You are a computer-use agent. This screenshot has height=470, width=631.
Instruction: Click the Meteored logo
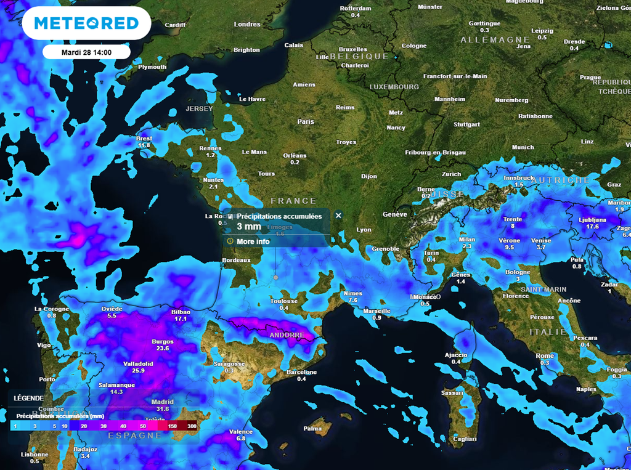(86, 23)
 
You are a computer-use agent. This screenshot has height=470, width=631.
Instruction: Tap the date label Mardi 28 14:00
(86, 52)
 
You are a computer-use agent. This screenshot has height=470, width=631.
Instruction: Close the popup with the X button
(338, 216)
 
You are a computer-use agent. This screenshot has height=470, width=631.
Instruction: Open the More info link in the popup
(253, 241)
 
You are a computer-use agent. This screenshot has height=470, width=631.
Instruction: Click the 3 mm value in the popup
(250, 227)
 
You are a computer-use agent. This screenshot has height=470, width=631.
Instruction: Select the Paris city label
(306, 122)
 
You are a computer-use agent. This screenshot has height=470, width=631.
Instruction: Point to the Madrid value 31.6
(163, 408)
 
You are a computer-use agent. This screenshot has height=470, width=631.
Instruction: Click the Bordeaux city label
(237, 261)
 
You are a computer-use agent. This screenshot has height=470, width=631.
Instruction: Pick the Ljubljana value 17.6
(593, 227)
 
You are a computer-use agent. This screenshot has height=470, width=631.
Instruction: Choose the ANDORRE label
(287, 335)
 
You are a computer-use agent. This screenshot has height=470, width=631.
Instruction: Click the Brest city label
(144, 139)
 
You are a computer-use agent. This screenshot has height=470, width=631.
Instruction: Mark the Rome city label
(545, 356)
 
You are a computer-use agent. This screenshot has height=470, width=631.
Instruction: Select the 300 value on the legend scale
(192, 426)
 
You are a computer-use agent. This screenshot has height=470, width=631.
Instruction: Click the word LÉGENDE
(28, 399)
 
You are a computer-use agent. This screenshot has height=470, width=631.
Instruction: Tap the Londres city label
(247, 25)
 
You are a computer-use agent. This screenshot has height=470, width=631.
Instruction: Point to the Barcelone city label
(301, 372)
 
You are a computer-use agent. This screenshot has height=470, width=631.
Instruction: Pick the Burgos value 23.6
(163, 348)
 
